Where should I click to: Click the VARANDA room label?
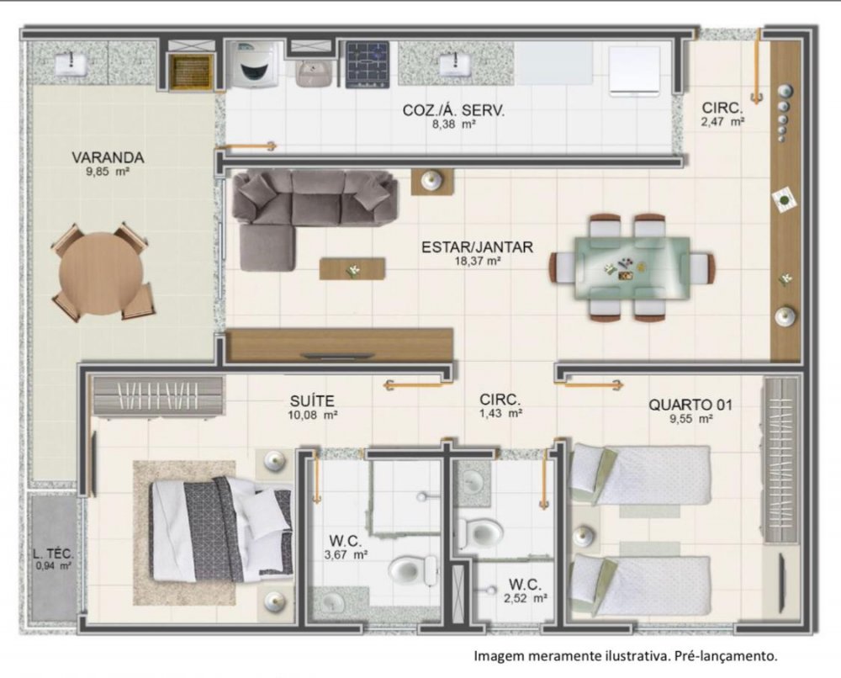coord(108,157)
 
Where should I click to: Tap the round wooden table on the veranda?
coord(102,273)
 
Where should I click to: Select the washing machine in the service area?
coord(251,64)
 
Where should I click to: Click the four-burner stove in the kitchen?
coord(368,65)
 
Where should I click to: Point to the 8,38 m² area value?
coord(455,124)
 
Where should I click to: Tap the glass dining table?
coord(632,267)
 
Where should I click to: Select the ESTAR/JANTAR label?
coord(478,247)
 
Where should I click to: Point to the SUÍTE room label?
coord(312,400)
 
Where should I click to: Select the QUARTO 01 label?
coord(690,405)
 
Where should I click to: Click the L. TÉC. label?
coord(53,554)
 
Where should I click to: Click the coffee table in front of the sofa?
coord(352,268)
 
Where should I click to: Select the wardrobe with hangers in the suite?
coord(158,396)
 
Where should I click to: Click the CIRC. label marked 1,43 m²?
coord(500,400)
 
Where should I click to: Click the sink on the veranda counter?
coord(70,65)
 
